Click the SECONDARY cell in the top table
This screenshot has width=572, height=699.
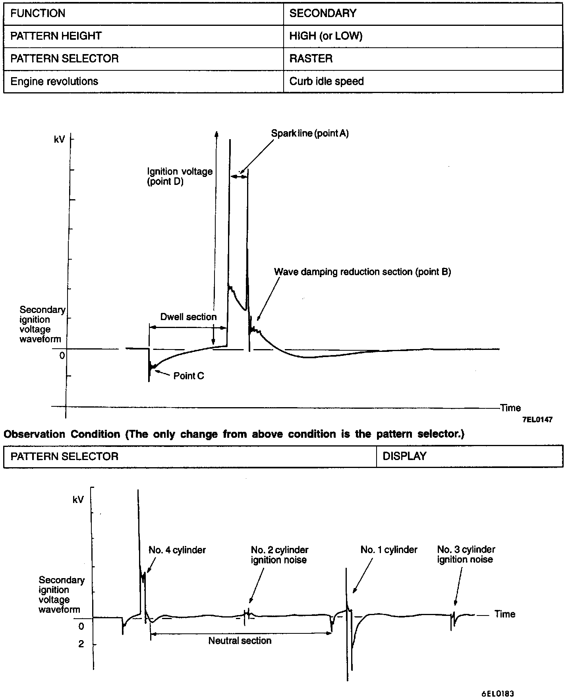323,14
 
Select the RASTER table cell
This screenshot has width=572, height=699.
311,59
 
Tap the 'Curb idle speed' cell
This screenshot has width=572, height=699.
326,82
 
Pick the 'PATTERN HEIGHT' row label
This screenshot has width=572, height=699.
56,36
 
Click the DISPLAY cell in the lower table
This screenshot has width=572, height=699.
404,456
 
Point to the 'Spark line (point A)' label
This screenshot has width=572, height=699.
310,134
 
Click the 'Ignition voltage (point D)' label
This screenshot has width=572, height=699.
180,177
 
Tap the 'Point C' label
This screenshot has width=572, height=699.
189,376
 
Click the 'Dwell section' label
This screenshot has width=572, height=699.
188,317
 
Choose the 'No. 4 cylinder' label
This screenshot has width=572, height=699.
177,550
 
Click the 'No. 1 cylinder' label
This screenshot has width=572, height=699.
389,550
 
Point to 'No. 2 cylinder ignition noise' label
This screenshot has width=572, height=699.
279,555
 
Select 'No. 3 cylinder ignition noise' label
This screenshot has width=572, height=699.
466,555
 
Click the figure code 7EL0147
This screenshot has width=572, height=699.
537,420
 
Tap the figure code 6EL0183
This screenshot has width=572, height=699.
498,694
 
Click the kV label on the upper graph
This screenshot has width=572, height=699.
59,140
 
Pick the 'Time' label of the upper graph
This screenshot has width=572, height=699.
510,408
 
